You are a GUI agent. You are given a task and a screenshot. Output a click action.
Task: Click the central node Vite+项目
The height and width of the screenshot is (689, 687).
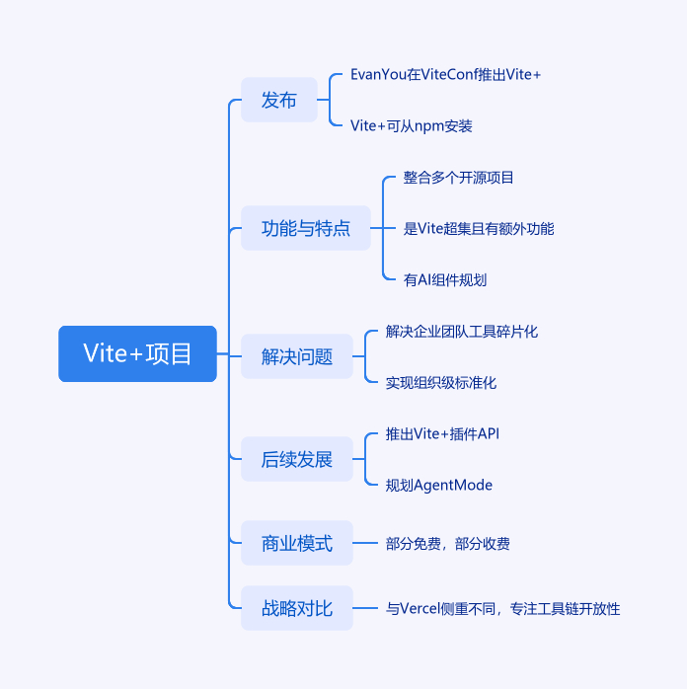[x=137, y=353]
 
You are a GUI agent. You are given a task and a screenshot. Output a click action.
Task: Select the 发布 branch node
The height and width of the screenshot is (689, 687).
[x=278, y=100]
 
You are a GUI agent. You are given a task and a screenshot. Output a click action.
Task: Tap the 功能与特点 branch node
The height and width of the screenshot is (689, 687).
[x=306, y=228]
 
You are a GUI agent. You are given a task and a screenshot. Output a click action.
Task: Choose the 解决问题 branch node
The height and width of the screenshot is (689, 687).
[x=296, y=356]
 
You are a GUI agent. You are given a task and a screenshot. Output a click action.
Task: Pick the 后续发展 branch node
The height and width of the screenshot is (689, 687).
[x=296, y=459]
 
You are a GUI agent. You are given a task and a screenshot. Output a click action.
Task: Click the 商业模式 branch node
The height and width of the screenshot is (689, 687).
[x=296, y=543]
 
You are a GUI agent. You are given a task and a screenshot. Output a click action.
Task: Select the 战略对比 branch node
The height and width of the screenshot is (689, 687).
[x=296, y=609]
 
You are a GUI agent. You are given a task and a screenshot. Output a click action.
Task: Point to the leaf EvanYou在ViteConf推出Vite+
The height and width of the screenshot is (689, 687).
[x=445, y=75]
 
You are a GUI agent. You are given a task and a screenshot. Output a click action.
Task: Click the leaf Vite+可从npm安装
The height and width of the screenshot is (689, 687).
[x=411, y=126]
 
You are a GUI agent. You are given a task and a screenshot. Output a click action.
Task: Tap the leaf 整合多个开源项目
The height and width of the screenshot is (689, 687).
[x=458, y=178]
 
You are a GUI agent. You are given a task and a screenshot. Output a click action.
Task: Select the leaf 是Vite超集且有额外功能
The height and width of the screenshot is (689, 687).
[x=478, y=229]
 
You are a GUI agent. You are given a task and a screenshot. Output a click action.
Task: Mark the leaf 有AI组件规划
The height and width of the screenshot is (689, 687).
[x=444, y=280]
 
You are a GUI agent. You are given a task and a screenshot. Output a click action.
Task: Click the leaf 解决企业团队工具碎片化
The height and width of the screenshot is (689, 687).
[x=462, y=332]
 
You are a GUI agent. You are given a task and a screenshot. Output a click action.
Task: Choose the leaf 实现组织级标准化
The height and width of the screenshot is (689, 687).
[x=441, y=383]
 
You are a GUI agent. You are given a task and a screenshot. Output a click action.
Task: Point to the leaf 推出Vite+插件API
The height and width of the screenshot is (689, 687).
[x=449, y=433]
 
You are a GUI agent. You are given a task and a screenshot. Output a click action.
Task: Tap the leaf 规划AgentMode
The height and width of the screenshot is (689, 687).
[x=438, y=485]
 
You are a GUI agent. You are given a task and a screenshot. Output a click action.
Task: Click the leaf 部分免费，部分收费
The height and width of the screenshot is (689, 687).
[x=448, y=544]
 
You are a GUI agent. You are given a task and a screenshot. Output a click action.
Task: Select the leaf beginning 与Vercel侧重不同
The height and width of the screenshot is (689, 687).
[x=502, y=609]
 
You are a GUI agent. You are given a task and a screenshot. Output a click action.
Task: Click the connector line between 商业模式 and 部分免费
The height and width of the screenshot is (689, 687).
[x=366, y=543]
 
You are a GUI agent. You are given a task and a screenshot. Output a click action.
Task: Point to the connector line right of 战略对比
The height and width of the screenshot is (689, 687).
[x=366, y=609]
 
